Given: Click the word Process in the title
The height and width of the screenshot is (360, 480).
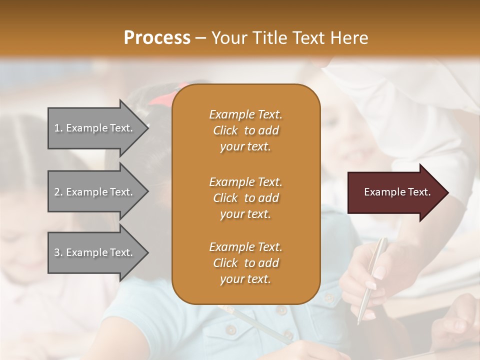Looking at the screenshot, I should click(157, 38).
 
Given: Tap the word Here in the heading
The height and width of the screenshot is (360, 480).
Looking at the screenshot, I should click(349, 38).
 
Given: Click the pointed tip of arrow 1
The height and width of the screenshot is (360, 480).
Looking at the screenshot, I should click(147, 128).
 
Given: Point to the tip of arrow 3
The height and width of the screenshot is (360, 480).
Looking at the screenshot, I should click(147, 252).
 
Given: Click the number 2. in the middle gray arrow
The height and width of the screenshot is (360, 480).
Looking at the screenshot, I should click(58, 192).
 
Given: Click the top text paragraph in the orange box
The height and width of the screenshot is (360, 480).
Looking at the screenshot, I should click(245, 130).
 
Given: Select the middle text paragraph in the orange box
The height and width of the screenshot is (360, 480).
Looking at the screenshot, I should click(245, 198).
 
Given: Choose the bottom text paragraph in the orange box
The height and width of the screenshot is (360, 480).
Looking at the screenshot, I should click(245, 263).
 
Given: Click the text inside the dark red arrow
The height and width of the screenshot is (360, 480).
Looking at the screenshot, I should click(397, 192).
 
